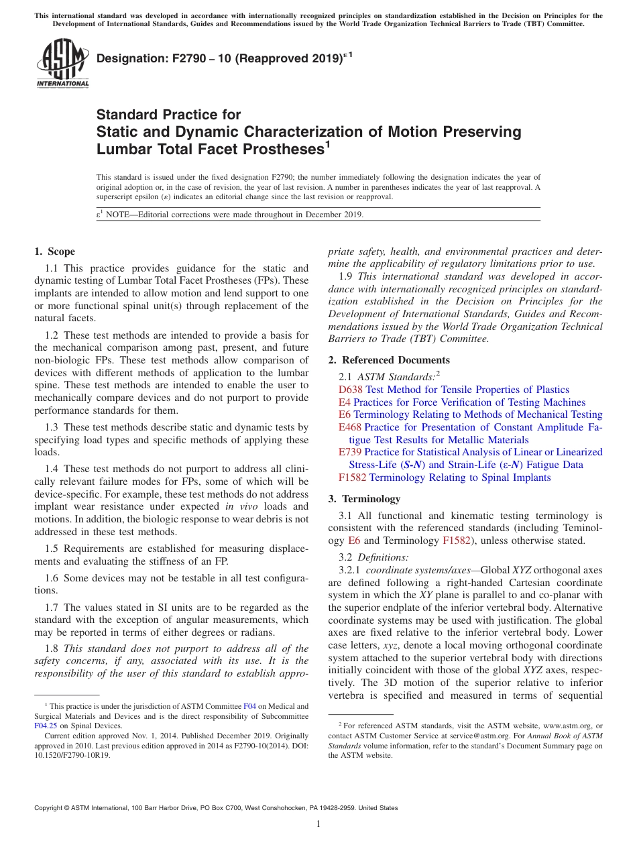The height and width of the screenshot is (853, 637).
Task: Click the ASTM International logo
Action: click(62, 63)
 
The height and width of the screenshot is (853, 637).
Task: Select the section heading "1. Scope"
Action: click(54, 252)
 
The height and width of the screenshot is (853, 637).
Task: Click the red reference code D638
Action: click(351, 390)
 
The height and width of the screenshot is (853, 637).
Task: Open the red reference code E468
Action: click(350, 427)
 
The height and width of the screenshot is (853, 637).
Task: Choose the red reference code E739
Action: click(350, 452)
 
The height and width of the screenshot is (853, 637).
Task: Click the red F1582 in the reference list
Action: click(353, 477)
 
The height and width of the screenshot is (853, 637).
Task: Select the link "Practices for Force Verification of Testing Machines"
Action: click(469, 402)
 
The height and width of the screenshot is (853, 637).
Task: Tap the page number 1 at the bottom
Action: click(318, 824)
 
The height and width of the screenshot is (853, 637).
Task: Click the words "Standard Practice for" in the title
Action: click(168, 115)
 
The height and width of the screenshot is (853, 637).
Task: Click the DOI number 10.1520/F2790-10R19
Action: click(72, 754)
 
